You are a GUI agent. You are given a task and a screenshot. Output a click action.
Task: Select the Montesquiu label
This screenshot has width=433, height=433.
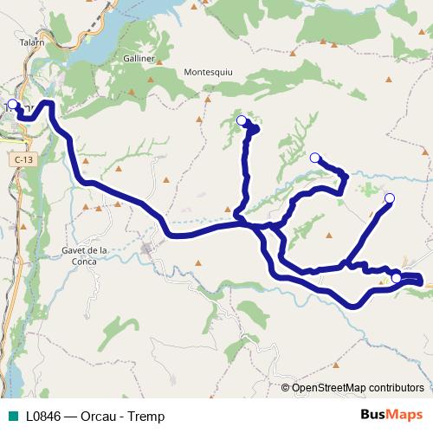210,72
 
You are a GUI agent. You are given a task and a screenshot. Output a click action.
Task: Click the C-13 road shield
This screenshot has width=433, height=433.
23,160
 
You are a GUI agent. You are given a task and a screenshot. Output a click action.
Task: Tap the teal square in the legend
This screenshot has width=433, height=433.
12,417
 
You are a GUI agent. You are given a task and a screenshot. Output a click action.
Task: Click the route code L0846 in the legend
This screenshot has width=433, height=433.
43,417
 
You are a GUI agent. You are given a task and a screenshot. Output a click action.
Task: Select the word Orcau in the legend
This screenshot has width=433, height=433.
95,417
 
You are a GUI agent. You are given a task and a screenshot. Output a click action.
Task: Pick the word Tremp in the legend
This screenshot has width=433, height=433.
145,417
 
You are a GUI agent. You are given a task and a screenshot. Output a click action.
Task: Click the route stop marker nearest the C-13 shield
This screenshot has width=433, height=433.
12,105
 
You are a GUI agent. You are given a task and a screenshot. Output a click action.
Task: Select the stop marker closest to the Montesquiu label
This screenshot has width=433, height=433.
241,120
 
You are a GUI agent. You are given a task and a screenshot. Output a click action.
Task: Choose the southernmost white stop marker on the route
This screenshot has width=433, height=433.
396,278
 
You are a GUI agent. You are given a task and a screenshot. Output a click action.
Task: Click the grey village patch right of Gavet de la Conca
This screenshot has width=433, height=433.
148,249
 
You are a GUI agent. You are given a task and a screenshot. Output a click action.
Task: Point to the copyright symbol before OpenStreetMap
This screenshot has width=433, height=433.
286,388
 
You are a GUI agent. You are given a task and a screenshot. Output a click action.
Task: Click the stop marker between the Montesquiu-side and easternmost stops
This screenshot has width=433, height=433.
315,158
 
